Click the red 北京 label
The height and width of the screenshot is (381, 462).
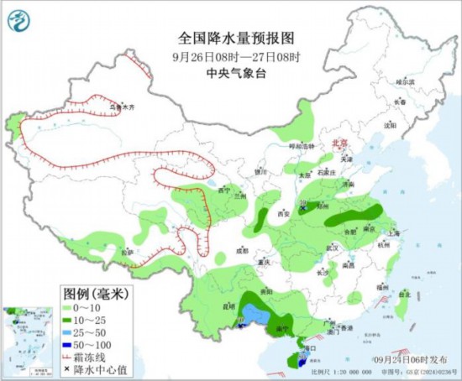[x=339, y=144]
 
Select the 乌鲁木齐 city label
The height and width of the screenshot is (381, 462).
[x=123, y=107]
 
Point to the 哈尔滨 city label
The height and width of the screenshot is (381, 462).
[x=406, y=82]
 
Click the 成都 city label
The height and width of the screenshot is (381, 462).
[x=242, y=250]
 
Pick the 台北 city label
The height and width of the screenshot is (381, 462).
[x=404, y=295]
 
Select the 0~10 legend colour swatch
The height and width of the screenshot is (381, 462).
[x=70, y=310]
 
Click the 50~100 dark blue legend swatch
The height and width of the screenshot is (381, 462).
[x=70, y=345]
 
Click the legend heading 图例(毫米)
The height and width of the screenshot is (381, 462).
[x=94, y=294]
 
